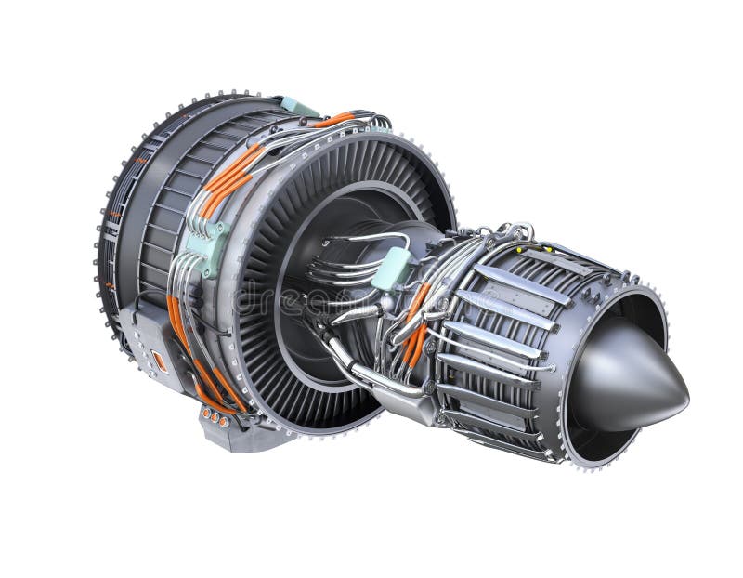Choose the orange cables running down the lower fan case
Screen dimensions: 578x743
pyautogui.click(x=200, y=362)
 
